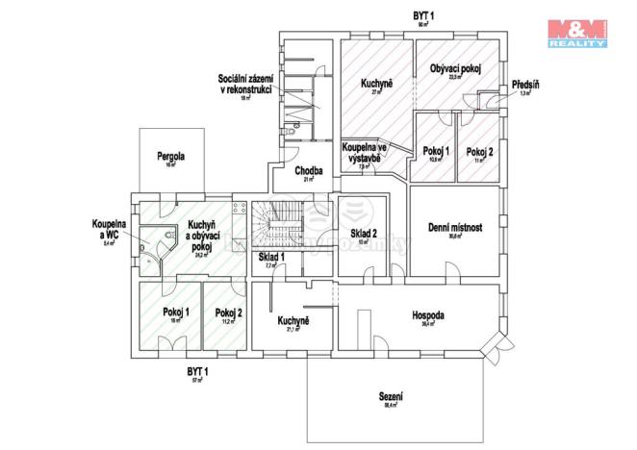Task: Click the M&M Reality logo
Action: pyautogui.click(x=577, y=31)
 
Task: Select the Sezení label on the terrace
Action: pyautogui.click(x=391, y=396)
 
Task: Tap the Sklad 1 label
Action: pyautogui.click(x=270, y=258)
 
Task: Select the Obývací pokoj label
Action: pyautogui.click(x=455, y=68)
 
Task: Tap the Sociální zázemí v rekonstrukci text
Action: pyautogui.click(x=245, y=84)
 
